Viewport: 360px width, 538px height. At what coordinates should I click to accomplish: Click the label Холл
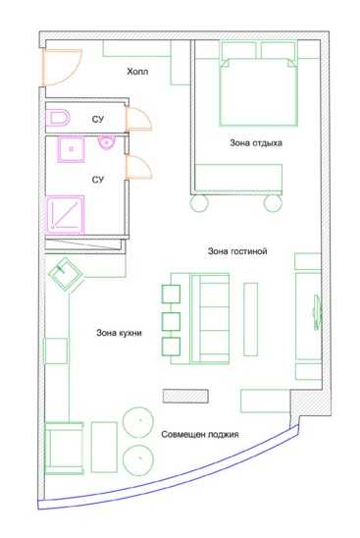click(137, 72)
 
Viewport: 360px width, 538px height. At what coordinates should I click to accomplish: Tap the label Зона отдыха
click(256, 143)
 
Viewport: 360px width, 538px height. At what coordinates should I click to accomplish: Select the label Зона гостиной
click(237, 251)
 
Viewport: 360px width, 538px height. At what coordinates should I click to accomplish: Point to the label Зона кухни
click(119, 333)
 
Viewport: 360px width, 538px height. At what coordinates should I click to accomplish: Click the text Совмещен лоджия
click(200, 435)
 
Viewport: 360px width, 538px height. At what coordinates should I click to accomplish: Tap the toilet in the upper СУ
click(58, 118)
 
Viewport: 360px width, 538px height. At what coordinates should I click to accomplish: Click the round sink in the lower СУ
click(107, 142)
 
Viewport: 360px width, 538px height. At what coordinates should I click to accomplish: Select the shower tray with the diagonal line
click(65, 215)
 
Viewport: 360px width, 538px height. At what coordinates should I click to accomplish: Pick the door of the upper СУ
click(138, 119)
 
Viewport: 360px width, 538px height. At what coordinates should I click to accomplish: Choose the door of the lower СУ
click(138, 167)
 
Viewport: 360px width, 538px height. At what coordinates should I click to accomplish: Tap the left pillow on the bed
click(239, 50)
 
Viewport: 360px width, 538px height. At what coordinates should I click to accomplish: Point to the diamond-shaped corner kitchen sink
click(65, 274)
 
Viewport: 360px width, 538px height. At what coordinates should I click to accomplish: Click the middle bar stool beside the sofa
click(171, 321)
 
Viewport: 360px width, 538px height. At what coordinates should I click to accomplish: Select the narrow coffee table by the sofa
click(251, 319)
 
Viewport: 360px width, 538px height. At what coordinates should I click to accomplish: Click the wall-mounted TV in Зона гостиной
click(317, 312)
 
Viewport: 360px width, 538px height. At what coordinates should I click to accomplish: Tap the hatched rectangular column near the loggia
click(185, 396)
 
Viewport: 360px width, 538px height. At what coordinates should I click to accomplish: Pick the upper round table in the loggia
click(138, 422)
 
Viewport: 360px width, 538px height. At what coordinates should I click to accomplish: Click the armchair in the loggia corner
click(64, 448)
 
